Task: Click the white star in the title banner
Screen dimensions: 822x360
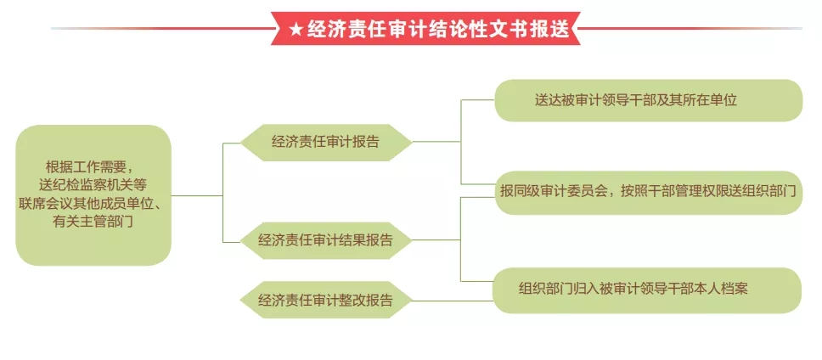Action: point(296,30)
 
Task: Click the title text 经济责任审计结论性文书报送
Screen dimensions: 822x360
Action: point(437,30)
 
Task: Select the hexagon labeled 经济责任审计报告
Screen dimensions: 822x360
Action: point(325,142)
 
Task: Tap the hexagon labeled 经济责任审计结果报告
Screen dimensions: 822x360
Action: point(325,240)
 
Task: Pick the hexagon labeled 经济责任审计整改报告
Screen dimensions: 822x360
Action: point(325,301)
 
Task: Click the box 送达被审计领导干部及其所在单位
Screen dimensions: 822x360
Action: point(649,100)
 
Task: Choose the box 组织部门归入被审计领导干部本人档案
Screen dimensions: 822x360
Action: point(647,290)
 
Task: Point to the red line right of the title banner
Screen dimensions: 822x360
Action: point(690,28)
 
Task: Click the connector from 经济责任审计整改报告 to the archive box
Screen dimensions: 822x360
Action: point(453,301)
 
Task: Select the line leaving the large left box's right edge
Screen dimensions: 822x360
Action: point(197,196)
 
